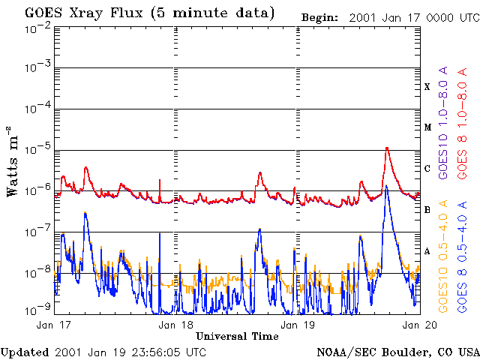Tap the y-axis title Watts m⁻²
coord(13,161)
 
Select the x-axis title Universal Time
coord(237,337)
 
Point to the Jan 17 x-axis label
coord(53,325)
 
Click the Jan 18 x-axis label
coord(175,325)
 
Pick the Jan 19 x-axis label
coord(298,325)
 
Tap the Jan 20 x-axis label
coord(420,325)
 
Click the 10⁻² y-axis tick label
coord(38,31)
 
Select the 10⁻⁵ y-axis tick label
coord(38,150)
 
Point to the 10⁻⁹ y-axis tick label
coord(38,310)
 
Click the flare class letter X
coord(427,87)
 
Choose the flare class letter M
coord(427,127)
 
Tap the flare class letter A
coord(427,251)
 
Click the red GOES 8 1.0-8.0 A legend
coord(462,123)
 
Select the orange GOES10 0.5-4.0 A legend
coord(443,256)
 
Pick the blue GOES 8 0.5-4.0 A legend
coord(462,256)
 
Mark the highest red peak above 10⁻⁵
coord(387,148)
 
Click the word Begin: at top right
coord(319,18)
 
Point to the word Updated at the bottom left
coord(25,352)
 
